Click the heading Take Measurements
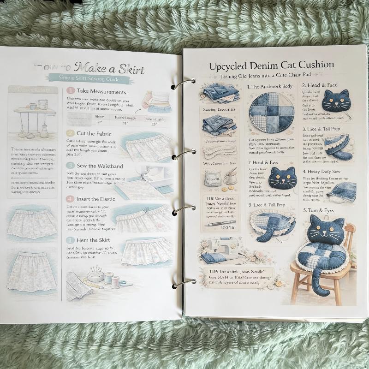(x=101, y=91)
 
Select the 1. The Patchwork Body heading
(x=270, y=86)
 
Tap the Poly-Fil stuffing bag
(x=214, y=177)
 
